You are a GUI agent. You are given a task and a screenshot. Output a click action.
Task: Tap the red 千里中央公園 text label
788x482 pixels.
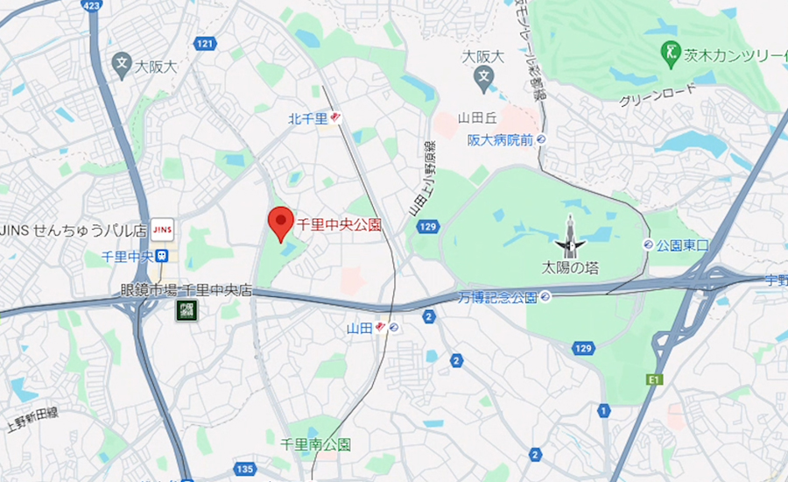click(340, 224)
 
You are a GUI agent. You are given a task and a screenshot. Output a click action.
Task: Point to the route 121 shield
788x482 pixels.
click(206, 43)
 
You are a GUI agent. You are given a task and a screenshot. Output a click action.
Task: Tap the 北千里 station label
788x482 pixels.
click(308, 118)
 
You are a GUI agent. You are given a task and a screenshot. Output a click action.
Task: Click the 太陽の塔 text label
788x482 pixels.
click(569, 267)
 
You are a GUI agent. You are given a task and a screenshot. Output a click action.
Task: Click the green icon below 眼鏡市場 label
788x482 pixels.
click(186, 309)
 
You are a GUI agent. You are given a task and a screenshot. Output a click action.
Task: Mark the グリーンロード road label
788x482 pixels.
click(658, 93)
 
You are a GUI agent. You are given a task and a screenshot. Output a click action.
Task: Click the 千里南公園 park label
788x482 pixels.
click(315, 444)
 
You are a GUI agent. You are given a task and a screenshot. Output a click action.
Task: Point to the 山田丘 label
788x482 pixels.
click(480, 117)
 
